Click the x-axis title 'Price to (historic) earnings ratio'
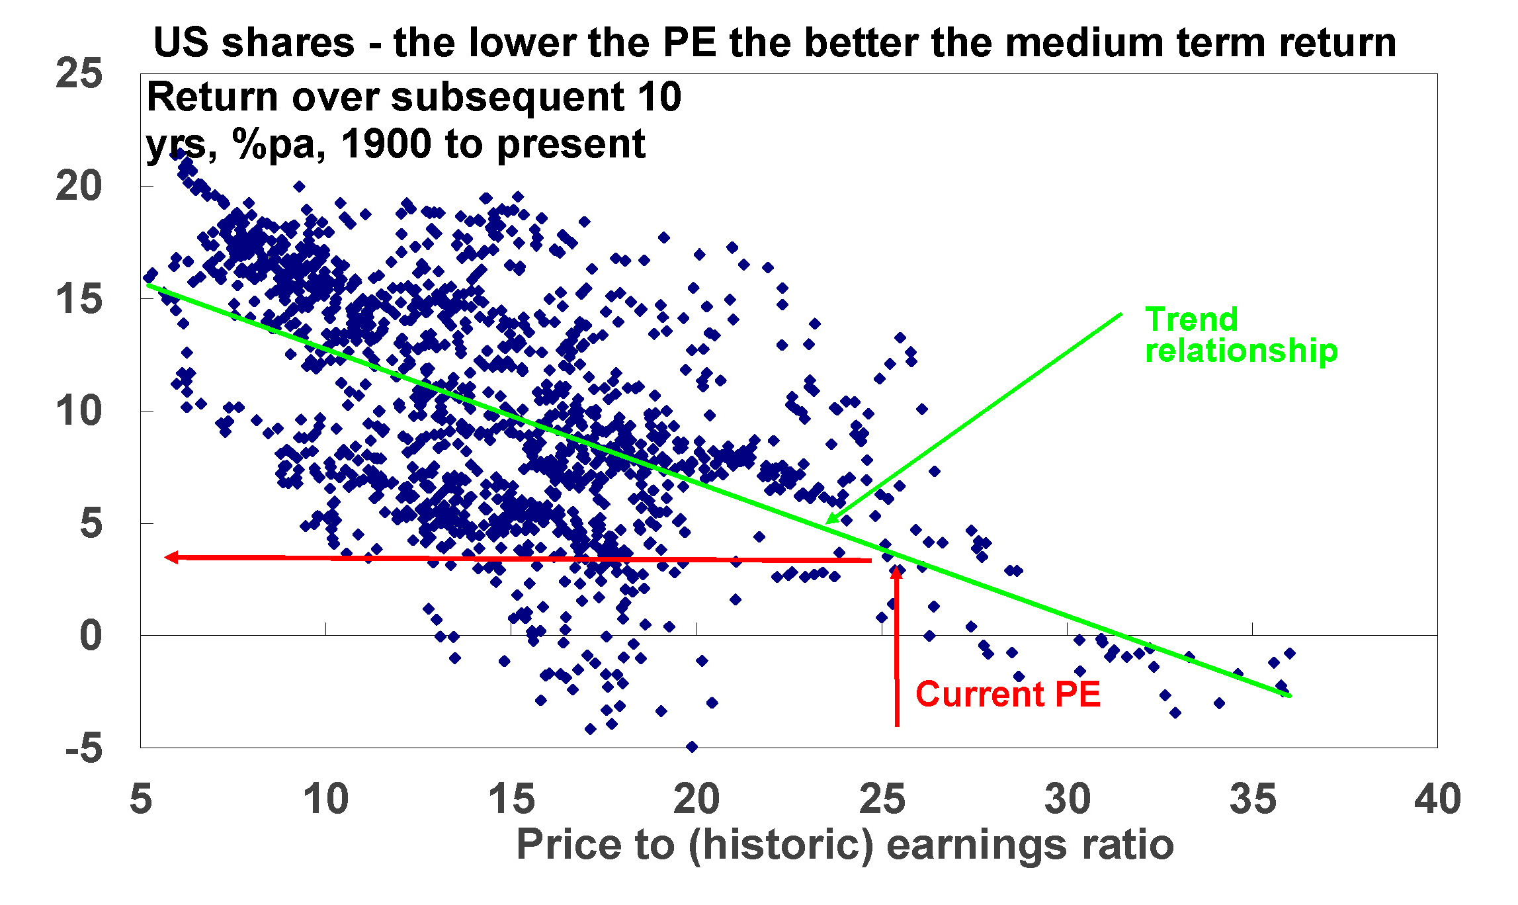pos(845,845)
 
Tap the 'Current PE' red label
pos(1007,694)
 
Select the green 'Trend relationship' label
pos(1241,335)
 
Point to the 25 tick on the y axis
pos(79,73)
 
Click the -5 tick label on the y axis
pos(84,748)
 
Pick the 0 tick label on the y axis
pos(91,636)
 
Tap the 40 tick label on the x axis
pos(1437,798)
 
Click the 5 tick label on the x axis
pos(141,798)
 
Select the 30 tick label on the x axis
pos(1067,798)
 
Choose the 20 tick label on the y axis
pos(79,186)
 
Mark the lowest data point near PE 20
pos(692,747)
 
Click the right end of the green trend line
pos(1290,696)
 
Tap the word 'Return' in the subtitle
pos(212,97)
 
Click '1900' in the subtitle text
pos(386,144)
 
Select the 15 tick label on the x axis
pos(511,798)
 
